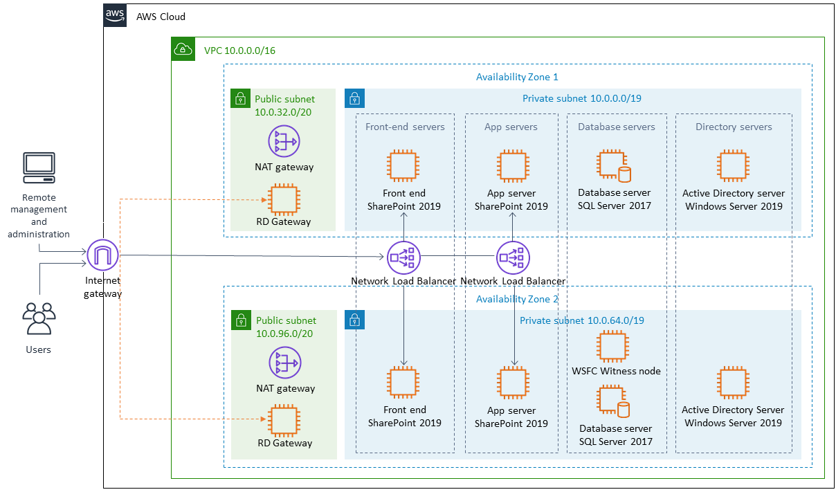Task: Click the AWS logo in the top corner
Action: pos(116,15)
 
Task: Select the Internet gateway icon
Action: pos(103,256)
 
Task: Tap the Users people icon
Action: pos(39,320)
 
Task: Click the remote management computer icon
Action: pos(39,168)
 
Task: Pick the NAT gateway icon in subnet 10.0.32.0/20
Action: pos(284,141)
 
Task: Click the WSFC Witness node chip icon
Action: pos(615,347)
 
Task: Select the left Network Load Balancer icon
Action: pos(403,257)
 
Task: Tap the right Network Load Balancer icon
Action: pos(513,257)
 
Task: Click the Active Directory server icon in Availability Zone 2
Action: pos(733,383)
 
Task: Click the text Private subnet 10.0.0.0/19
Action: pos(581,98)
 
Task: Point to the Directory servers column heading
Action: pos(734,127)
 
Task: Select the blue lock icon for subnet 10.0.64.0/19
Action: pos(355,320)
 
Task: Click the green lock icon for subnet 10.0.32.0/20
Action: pos(240,98)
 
